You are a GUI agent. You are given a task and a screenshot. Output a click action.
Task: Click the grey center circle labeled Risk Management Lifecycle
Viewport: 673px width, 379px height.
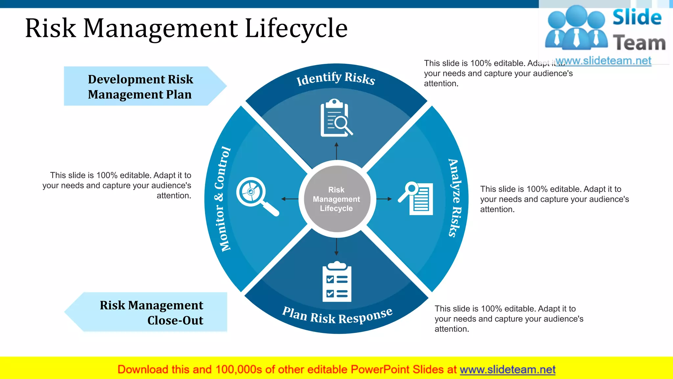[336, 199]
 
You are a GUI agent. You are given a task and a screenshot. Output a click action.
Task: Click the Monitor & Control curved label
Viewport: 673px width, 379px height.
[222, 199]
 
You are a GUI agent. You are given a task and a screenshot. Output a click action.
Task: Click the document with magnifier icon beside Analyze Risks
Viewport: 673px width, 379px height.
[416, 198]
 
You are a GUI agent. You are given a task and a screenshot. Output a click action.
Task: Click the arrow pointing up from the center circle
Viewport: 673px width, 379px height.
[336, 151]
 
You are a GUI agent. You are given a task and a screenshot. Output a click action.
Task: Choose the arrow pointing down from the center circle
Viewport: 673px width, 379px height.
[336, 246]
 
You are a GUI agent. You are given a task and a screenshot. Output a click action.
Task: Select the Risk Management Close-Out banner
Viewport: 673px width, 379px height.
[151, 312]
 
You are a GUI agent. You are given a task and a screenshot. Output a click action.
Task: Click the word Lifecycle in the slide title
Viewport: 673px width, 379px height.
[296, 28]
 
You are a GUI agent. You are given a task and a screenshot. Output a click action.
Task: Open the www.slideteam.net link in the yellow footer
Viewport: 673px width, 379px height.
[507, 369]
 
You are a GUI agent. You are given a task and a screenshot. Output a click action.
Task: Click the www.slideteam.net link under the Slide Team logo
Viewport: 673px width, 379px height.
[603, 61]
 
